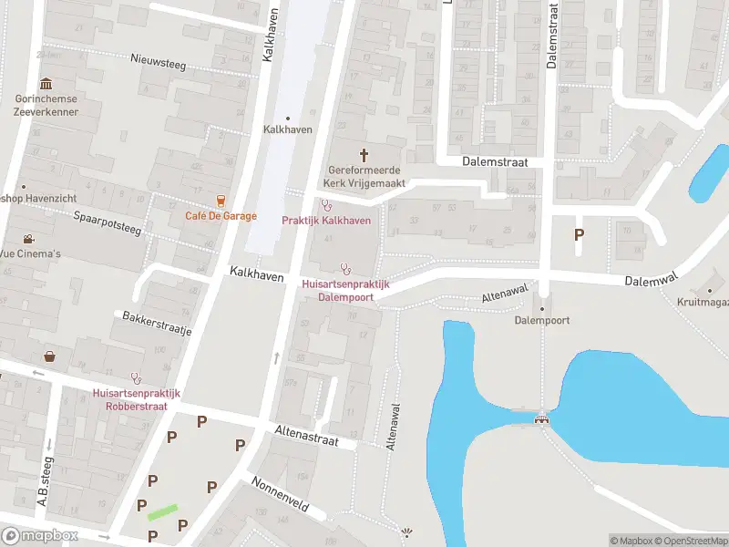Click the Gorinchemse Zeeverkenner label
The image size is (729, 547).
46,106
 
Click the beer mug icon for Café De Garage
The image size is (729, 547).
221,201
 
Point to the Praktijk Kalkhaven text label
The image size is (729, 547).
326,221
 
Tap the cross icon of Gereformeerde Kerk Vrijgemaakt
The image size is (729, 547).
365,154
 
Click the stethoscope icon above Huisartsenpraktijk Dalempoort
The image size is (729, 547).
345,268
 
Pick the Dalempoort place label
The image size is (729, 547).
541,320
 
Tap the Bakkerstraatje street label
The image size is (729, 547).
157,324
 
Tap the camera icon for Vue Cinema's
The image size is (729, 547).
30,240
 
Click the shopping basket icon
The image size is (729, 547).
49,356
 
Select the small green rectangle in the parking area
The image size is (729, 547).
161,512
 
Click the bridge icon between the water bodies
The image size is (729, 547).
542,418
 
